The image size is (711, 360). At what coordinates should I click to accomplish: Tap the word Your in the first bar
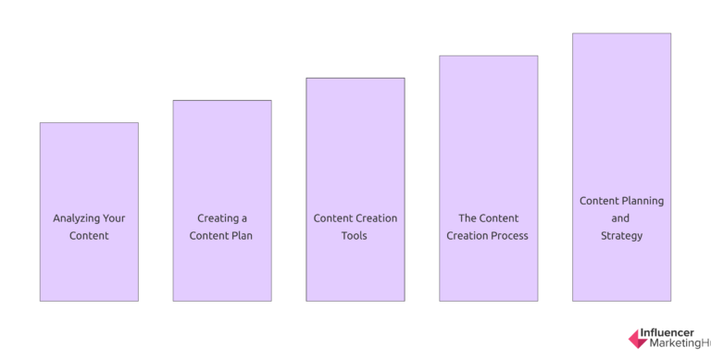115,218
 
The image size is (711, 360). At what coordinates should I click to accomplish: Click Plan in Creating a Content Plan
241,236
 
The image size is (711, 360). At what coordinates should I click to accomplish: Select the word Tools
355,236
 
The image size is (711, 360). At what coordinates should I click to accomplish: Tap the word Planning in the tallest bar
642,201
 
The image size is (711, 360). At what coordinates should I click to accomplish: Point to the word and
620,218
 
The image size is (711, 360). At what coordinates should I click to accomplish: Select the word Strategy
620,236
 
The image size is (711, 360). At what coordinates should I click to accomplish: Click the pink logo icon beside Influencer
638,339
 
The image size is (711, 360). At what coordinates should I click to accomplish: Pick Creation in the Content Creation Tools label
376,218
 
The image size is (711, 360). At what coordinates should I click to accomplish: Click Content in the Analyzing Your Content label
89,236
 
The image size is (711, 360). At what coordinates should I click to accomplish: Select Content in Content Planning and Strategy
599,201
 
